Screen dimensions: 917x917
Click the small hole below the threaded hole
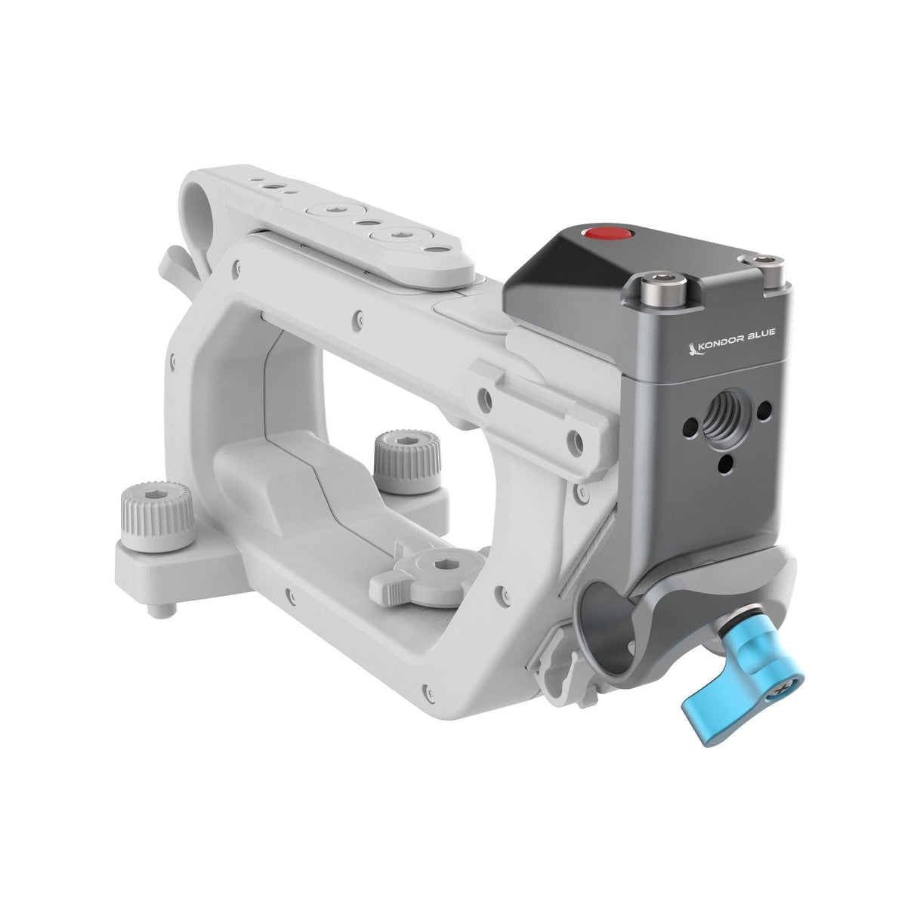pyautogui.click(x=727, y=458)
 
